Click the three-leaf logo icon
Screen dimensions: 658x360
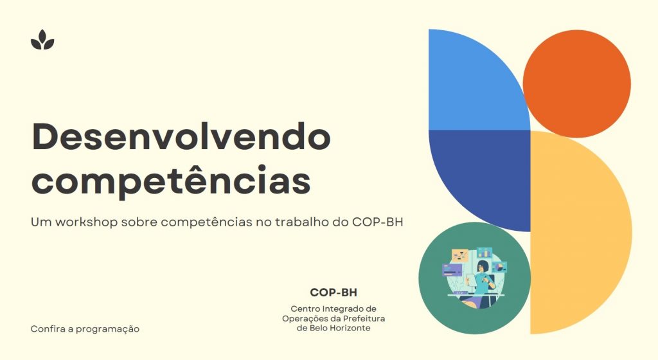pyautogui.click(x=42, y=40)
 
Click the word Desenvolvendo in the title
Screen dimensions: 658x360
pyautogui.click(x=181, y=137)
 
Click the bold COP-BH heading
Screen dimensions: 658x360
pyautogui.click(x=333, y=292)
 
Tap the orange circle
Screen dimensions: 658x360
pyautogui.click(x=576, y=84)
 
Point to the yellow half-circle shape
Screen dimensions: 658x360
pyautogui.click(x=575, y=233)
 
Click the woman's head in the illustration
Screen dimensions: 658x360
pyautogui.click(x=483, y=267)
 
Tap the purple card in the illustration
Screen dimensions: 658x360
pyautogui.click(x=452, y=270)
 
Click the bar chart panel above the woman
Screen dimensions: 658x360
pyautogui.click(x=485, y=253)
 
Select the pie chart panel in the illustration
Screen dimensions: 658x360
pyautogui.click(x=499, y=267)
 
